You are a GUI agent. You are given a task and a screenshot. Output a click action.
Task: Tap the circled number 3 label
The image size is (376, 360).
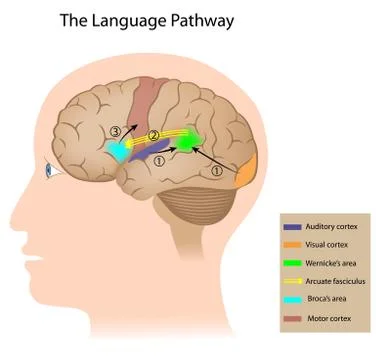pyautogui.click(x=116, y=130)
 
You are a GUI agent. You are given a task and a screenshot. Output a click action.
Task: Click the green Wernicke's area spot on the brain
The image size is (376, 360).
pyautogui.click(x=187, y=143)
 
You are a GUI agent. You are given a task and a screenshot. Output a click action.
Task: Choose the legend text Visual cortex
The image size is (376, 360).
pyautogui.click(x=328, y=245)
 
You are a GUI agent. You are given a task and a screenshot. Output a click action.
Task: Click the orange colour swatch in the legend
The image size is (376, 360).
pyautogui.click(x=291, y=245)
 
